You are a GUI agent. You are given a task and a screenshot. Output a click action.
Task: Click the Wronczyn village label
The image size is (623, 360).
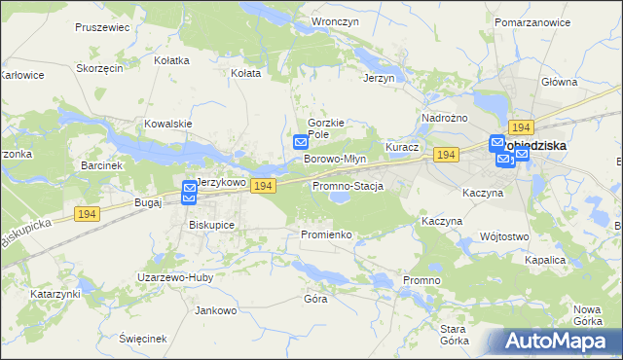tap(330, 20)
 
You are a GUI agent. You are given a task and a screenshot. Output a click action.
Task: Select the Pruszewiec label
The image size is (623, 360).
tap(102, 27)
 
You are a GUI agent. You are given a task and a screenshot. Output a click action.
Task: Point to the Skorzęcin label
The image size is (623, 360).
tap(99, 68)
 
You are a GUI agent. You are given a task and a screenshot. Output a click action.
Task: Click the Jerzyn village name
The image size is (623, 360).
tap(378, 78)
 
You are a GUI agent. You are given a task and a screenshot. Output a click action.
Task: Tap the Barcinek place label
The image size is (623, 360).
tap(102, 165)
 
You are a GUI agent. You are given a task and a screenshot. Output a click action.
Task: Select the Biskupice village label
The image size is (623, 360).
tap(211, 224)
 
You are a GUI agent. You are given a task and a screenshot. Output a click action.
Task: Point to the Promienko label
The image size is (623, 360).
tap(325, 234)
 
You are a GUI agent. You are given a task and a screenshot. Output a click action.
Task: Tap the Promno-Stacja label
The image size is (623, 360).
tap(348, 186)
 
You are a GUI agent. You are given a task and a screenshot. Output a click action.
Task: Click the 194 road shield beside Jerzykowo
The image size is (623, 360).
tap(262, 185)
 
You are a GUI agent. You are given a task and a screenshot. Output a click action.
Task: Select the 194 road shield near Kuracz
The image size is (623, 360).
tap(447, 156)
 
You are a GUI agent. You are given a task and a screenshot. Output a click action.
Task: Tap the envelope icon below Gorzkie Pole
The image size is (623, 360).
tap(301, 143)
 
